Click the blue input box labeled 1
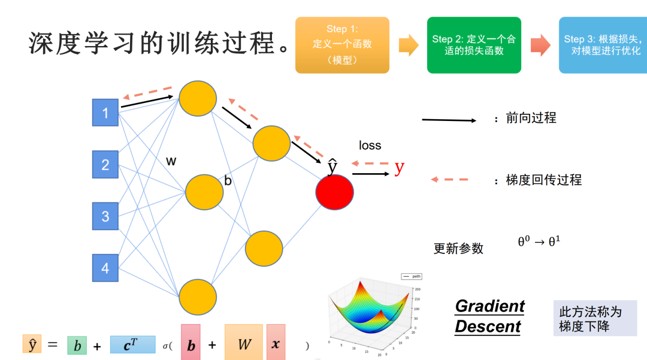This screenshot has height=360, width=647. [x=105, y=113]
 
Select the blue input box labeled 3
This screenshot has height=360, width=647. [x=105, y=216]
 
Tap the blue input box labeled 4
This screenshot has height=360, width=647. [x=105, y=268]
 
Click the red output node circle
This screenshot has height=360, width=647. [x=335, y=192]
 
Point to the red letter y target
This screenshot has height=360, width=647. [x=400, y=168]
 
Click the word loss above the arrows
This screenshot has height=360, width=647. [x=370, y=146]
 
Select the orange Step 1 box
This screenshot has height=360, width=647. [x=342, y=45]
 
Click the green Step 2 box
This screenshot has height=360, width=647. [x=474, y=45]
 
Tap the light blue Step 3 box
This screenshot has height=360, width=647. [x=603, y=45]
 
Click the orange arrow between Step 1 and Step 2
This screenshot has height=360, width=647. [x=409, y=46]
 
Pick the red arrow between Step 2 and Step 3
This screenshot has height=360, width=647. [x=540, y=46]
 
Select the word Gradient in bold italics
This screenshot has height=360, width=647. [x=489, y=306]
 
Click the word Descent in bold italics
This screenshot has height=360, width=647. [x=488, y=327]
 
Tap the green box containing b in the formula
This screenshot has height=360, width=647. [x=77, y=345]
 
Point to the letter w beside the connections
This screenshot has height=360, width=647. [x=171, y=161]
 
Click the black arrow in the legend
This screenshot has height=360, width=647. [x=449, y=120]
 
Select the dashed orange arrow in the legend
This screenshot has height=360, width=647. [x=449, y=179]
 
